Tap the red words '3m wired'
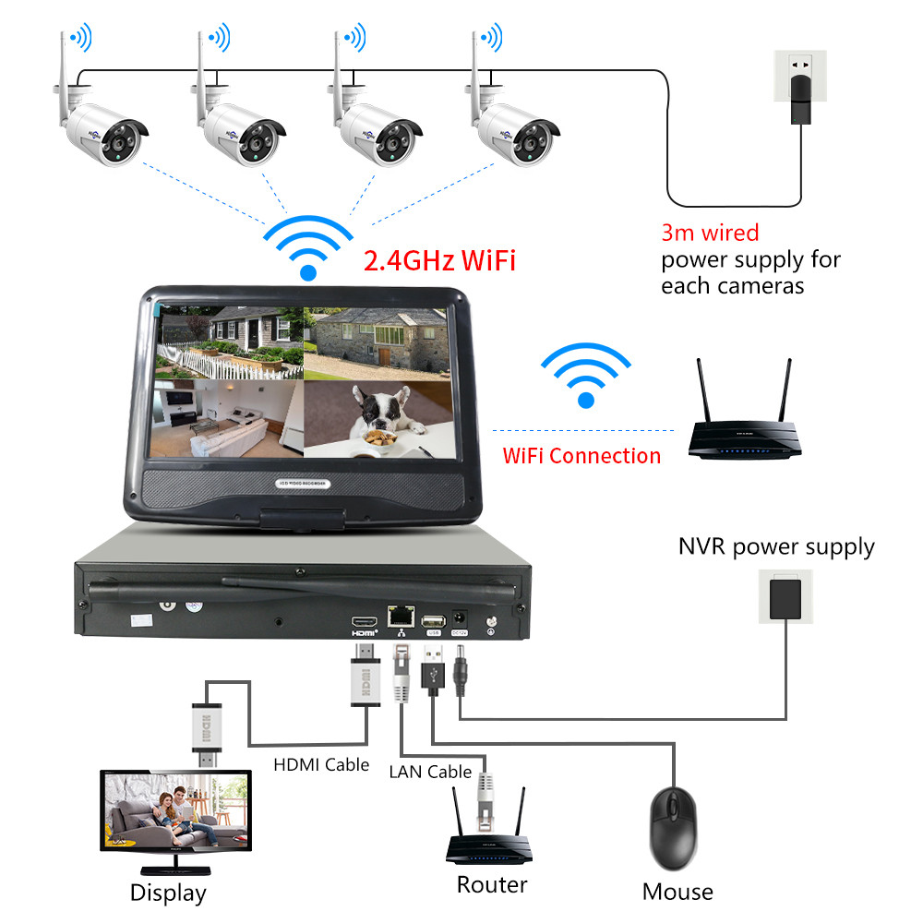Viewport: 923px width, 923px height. point(709,233)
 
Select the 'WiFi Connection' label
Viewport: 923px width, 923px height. point(581,455)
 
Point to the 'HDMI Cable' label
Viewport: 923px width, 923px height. point(321,764)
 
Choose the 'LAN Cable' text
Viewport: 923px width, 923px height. point(430,771)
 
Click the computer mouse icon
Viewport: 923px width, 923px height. point(674,827)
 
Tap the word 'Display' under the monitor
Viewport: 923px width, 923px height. point(168,893)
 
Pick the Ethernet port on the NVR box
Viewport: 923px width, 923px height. point(399,619)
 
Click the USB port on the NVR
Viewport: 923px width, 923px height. point(432,620)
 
